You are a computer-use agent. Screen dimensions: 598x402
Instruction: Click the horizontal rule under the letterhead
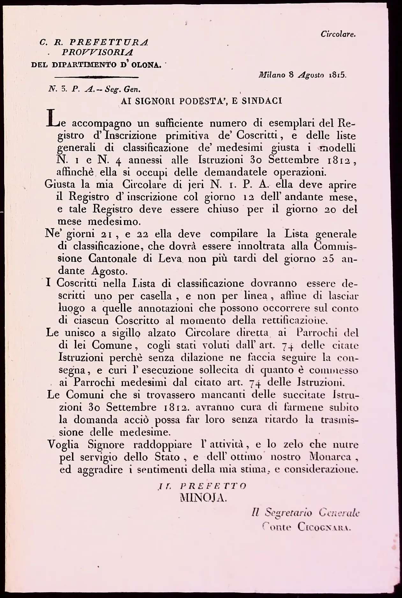click(x=97, y=77)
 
